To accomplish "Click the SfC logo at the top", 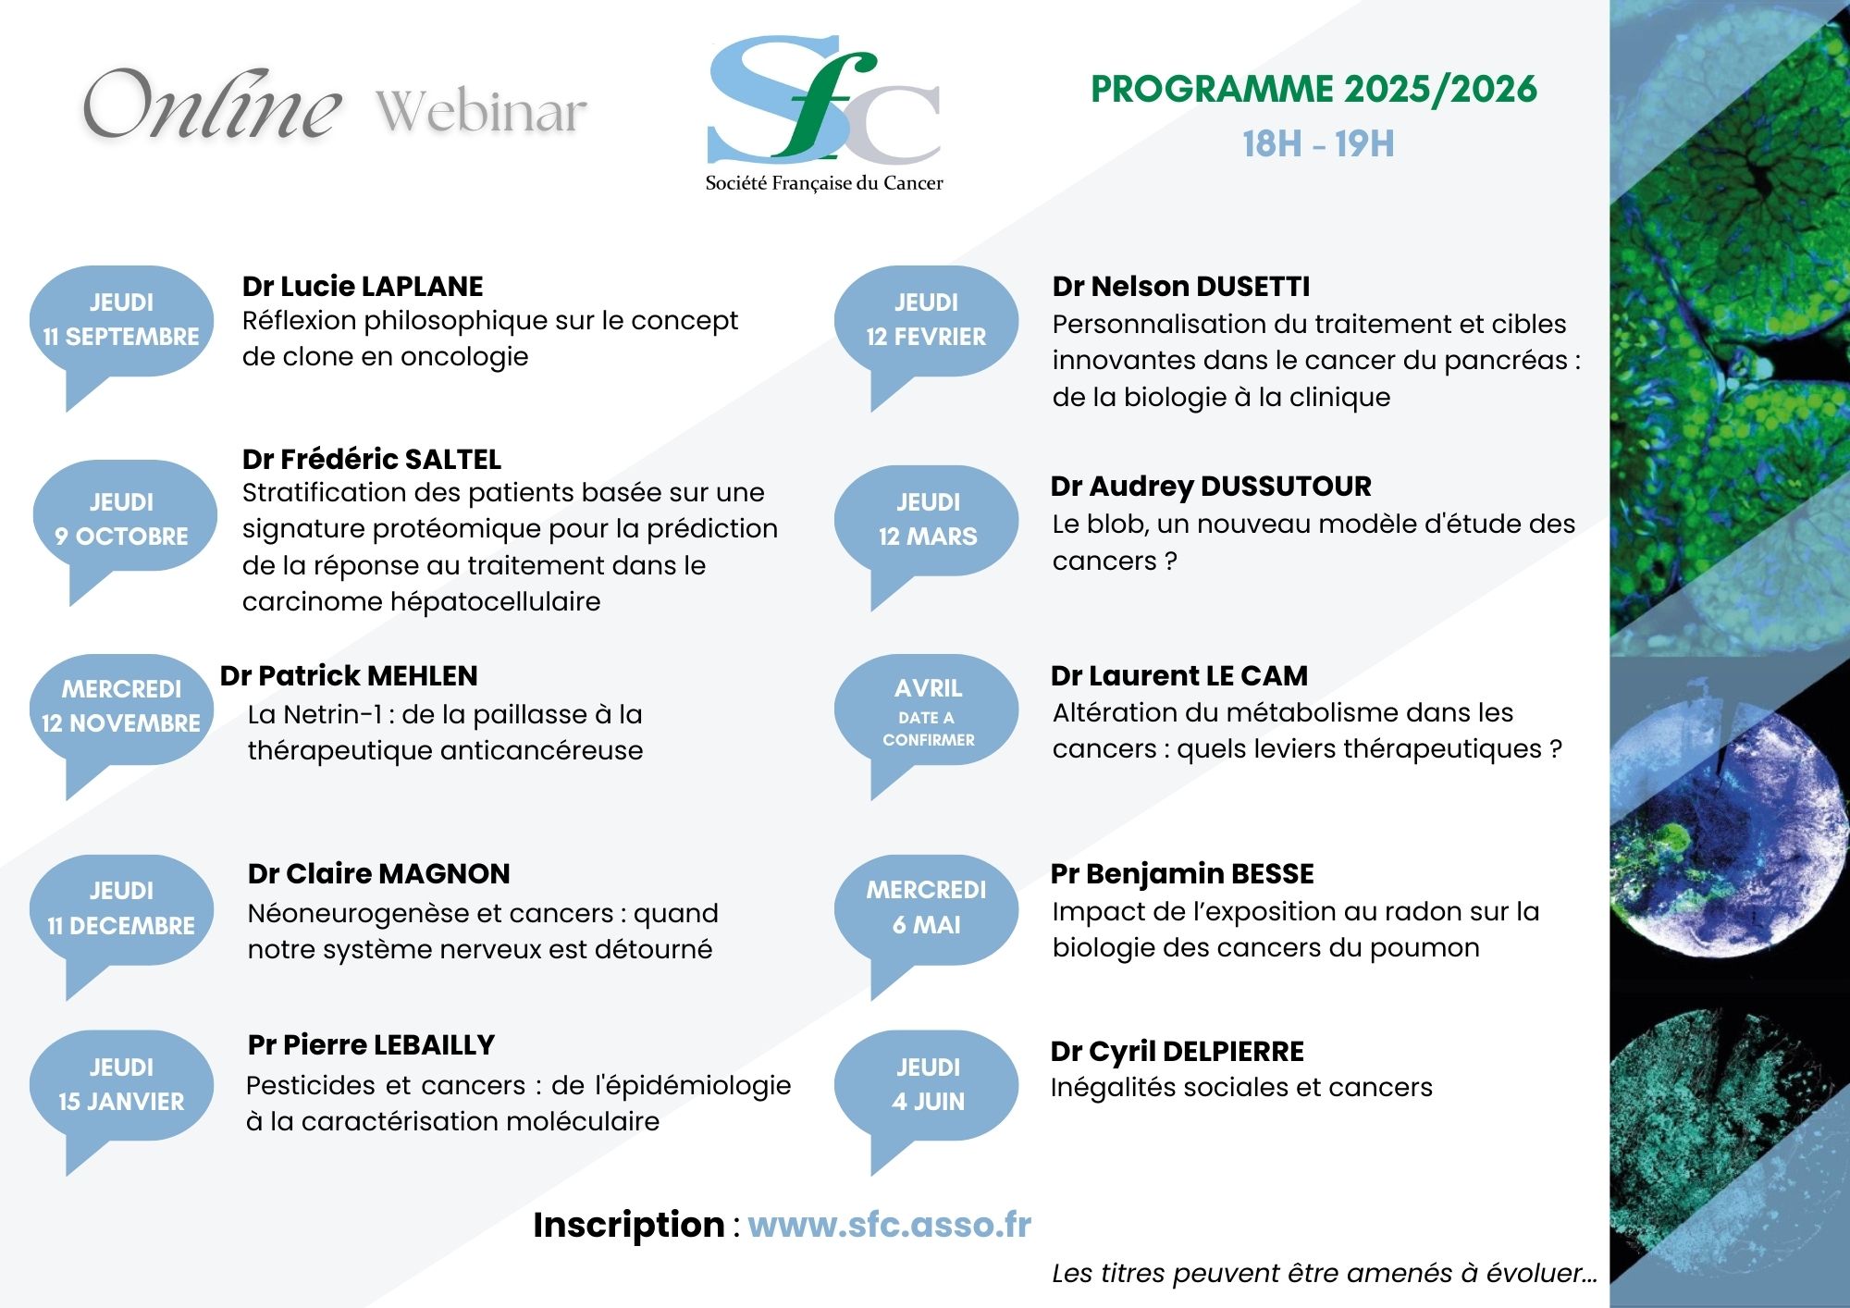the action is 824,114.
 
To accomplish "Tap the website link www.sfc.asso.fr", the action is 889,1224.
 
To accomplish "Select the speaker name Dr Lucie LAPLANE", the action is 363,286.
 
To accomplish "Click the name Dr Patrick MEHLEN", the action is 349,675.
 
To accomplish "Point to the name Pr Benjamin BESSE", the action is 1182,873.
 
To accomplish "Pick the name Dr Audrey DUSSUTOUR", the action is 1211,486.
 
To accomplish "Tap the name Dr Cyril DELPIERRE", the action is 1178,1051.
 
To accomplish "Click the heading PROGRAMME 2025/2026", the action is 1313,89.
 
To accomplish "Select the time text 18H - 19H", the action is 1318,144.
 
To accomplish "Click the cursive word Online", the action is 212,105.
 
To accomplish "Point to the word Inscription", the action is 628,1225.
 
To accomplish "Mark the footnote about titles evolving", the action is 1325,1273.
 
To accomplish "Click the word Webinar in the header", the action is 481,112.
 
